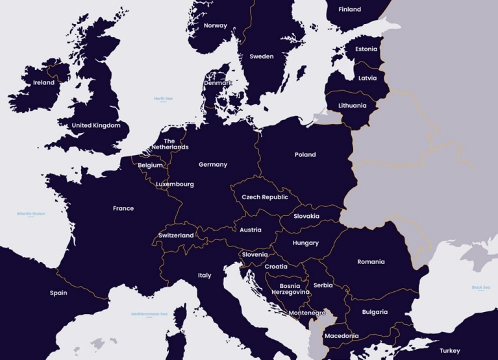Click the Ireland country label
pyautogui.click(x=44, y=83)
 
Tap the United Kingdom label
pyautogui.click(x=96, y=125)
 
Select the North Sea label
pyautogui.click(x=163, y=99)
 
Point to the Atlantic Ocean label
pyautogui.click(x=31, y=213)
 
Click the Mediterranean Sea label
pyautogui.click(x=149, y=314)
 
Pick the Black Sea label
pyautogui.click(x=481, y=287)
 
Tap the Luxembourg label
pyautogui.click(x=175, y=184)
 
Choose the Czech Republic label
pyautogui.click(x=265, y=197)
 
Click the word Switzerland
pyautogui.click(x=176, y=235)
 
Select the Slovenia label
pyautogui.click(x=255, y=255)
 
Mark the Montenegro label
pyautogui.click(x=307, y=313)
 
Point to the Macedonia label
pyautogui.click(x=341, y=336)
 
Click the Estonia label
pyautogui.click(x=366, y=49)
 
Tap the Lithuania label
pyautogui.click(x=353, y=106)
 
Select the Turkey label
pyautogui.click(x=449, y=351)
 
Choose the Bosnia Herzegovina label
pyautogui.click(x=290, y=289)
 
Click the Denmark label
pyautogui.click(x=218, y=83)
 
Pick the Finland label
pyautogui.click(x=349, y=10)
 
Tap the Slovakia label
pyautogui.click(x=306, y=216)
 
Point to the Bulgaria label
pyautogui.click(x=375, y=312)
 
